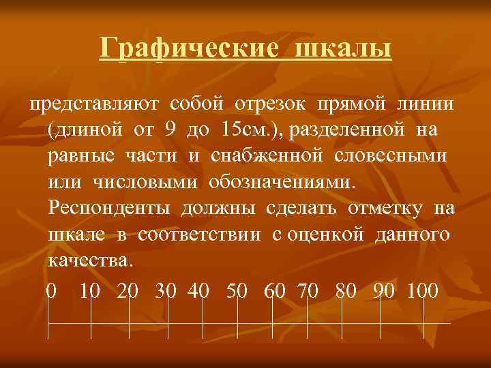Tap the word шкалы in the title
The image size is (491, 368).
click(x=344, y=48)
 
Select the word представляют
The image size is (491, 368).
click(x=93, y=103)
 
